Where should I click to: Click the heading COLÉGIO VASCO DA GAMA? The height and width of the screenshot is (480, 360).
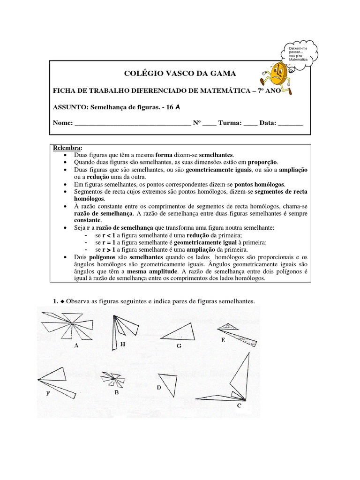pos(180,74)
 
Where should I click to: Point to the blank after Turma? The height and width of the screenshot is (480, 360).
pos(250,124)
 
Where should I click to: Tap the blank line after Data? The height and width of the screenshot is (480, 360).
pos(291,124)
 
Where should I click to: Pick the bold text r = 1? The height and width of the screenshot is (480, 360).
pos(110,242)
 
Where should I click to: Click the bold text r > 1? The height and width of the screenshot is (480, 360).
pos(110,250)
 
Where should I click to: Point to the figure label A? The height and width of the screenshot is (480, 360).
pos(76,345)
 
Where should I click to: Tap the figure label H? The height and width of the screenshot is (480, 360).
pos(123,345)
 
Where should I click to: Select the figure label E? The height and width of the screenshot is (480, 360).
pos(223,340)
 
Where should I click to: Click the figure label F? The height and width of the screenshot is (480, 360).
pos(48,394)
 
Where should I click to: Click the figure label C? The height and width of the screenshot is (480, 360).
pos(239,406)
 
